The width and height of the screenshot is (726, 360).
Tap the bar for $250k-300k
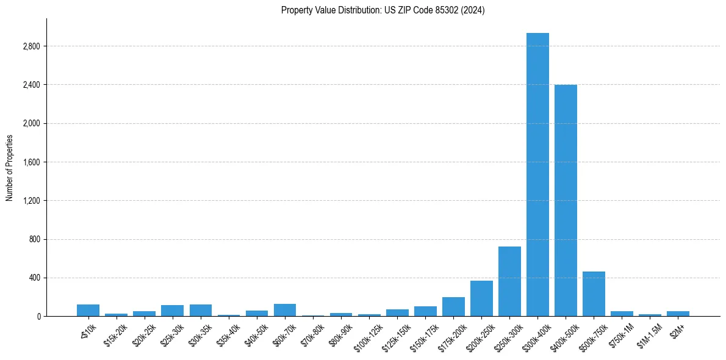tap(509, 281)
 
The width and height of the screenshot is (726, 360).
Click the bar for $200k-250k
tap(481, 298)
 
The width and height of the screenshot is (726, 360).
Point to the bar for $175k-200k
tap(453, 307)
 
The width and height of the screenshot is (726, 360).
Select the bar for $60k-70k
tap(285, 310)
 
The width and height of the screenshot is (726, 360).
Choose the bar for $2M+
tap(678, 314)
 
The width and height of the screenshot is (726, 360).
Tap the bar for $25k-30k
tap(173, 311)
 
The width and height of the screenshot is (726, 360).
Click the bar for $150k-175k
tap(425, 311)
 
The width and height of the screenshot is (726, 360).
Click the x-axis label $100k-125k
tap(367, 335)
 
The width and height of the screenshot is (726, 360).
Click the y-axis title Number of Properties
tap(10, 168)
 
